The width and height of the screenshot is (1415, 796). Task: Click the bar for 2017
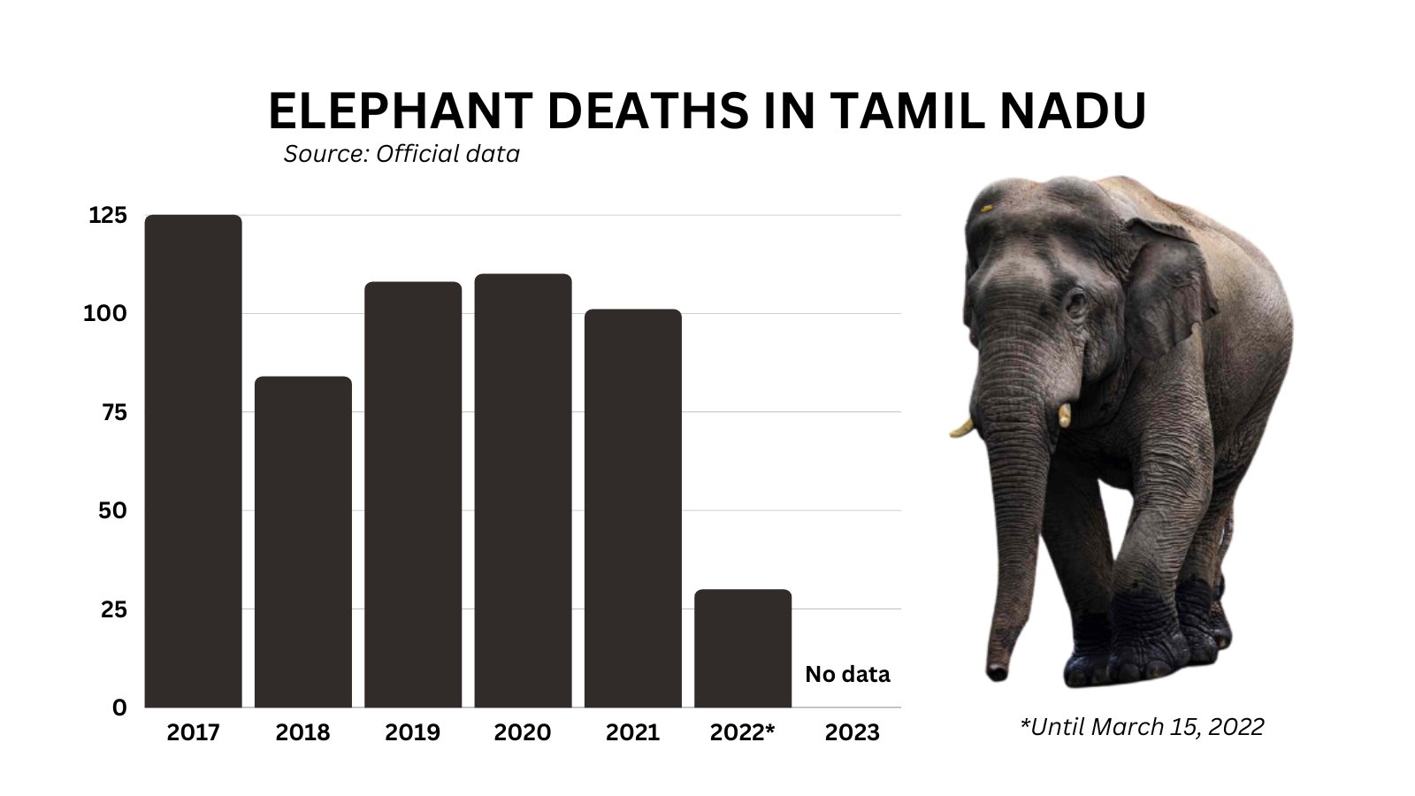(x=193, y=460)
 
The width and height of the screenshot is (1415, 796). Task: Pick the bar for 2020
(x=523, y=490)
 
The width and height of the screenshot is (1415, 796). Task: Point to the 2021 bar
(x=632, y=508)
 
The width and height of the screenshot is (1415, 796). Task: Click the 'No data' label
(x=847, y=675)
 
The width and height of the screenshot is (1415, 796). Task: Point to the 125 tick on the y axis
(x=108, y=216)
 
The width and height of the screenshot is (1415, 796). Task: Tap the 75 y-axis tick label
(x=113, y=412)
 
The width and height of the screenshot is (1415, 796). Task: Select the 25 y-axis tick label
(x=113, y=609)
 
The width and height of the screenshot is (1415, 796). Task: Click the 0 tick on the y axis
(x=119, y=708)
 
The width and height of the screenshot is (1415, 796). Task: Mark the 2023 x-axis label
(x=852, y=733)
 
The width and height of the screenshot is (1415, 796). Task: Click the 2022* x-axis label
(x=743, y=733)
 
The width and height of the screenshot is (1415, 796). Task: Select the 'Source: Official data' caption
(x=402, y=154)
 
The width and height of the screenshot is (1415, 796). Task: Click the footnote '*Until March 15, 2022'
(x=1142, y=727)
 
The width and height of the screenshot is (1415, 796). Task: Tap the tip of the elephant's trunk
(x=997, y=673)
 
